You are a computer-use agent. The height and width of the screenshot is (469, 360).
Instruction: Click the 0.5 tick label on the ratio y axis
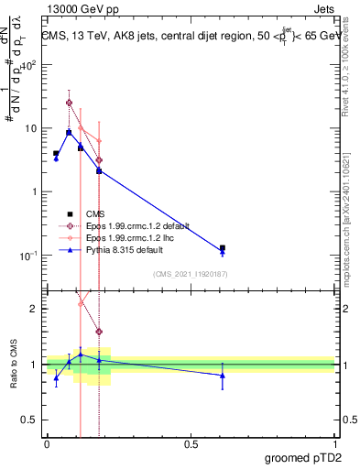coord(29,420)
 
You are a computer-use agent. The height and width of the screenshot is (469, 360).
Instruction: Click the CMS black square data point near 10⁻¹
coord(223,247)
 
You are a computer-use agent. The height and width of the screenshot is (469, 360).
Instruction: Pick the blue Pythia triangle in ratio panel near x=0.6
coord(223,376)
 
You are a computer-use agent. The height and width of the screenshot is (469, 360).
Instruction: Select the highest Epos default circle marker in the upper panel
coord(69,103)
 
